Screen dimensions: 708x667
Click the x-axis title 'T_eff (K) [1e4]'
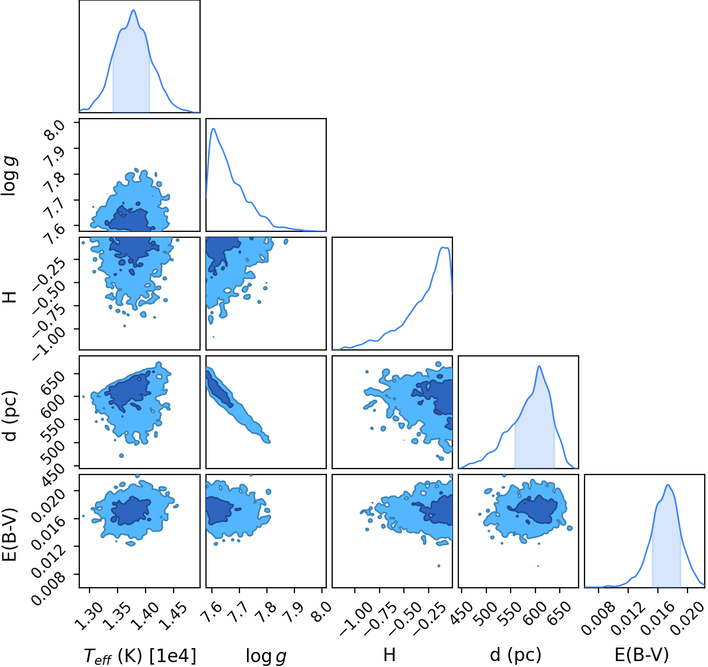[x=140, y=655]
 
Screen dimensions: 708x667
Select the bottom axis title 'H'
[x=389, y=655]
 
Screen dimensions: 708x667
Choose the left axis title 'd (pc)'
[x=10, y=416]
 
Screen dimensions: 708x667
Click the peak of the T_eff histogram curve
[x=134, y=10]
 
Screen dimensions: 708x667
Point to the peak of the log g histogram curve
[x=213, y=129]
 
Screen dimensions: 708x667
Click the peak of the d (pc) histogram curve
[x=539, y=366]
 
